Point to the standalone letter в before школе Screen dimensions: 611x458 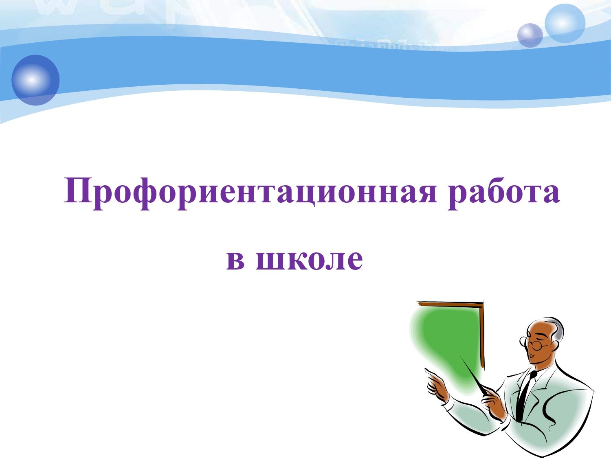pos(235,260)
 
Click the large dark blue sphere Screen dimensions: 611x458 pos(35,80)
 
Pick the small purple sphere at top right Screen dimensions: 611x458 pos(530,35)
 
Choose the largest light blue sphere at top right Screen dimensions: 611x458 pos(565,23)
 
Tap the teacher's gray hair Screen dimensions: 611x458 pos(554,331)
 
